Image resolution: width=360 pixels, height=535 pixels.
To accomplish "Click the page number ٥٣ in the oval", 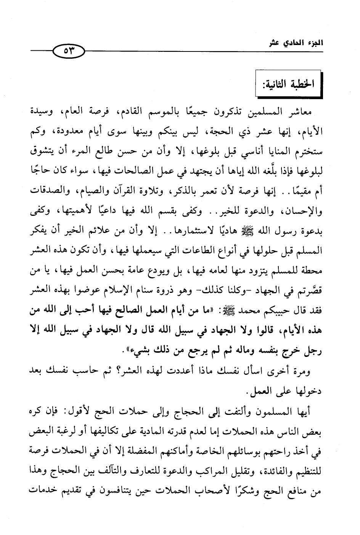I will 68,50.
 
